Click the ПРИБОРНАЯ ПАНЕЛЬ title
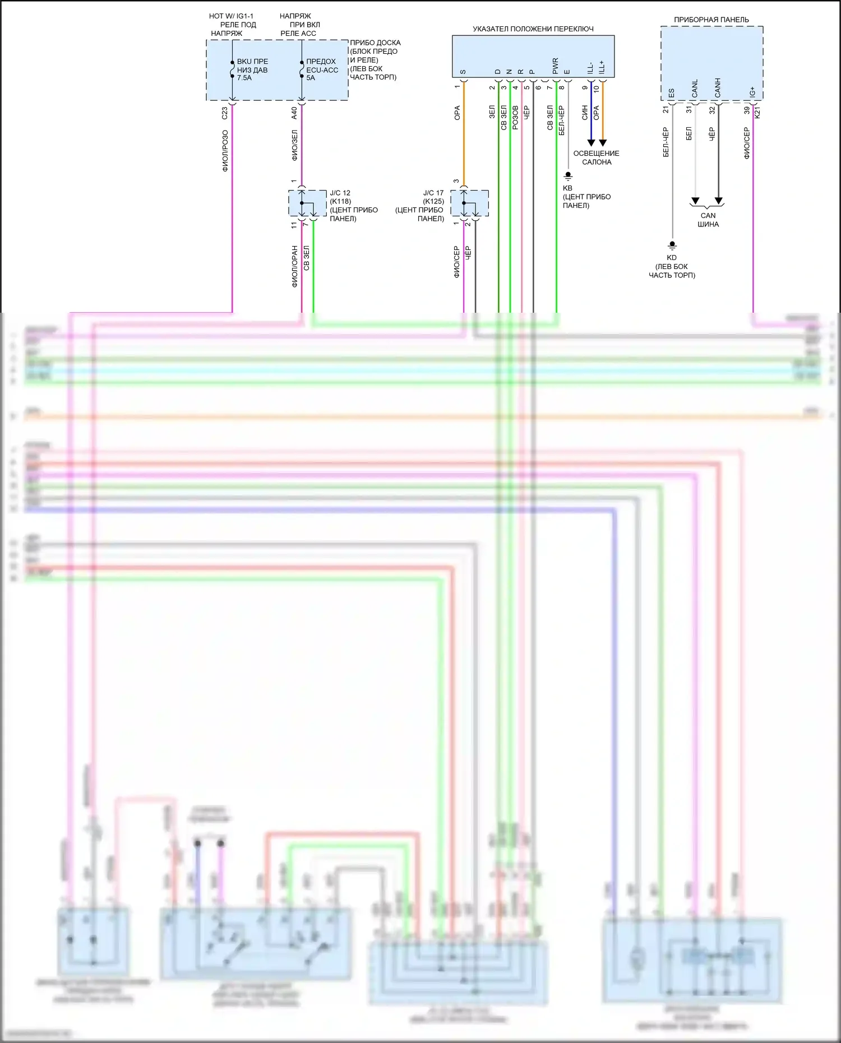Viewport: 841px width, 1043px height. coord(711,20)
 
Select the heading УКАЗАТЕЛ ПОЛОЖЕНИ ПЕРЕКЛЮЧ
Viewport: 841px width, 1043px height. coord(533,29)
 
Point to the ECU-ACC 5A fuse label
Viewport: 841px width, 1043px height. coord(322,69)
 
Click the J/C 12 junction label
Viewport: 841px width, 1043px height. coord(340,193)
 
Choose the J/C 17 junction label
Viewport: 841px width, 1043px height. coord(433,193)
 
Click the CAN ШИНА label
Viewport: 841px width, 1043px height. coord(708,220)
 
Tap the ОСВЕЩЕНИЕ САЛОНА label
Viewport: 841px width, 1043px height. coord(596,157)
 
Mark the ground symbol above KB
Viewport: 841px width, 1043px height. coord(568,176)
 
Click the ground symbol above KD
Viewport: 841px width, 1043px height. coord(672,245)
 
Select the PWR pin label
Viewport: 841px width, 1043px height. coord(555,66)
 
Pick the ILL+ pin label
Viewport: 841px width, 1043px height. coord(602,67)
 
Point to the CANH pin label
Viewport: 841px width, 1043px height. coord(718,87)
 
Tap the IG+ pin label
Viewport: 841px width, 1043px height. coord(752,91)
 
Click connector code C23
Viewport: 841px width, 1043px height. coord(225,113)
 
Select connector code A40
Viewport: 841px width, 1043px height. coord(294,113)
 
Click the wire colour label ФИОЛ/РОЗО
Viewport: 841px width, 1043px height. coord(225,150)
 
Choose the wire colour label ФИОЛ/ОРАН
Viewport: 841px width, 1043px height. coord(294,266)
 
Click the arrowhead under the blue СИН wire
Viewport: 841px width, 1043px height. coord(591,143)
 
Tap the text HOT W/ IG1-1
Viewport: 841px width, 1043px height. coord(231,16)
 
